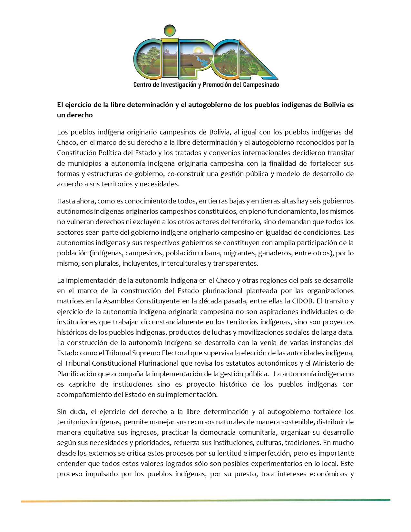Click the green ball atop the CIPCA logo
169,31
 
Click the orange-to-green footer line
205,501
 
